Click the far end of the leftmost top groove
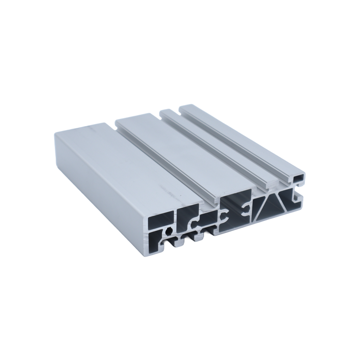coord(115,124)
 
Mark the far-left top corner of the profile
coord(55,133)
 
